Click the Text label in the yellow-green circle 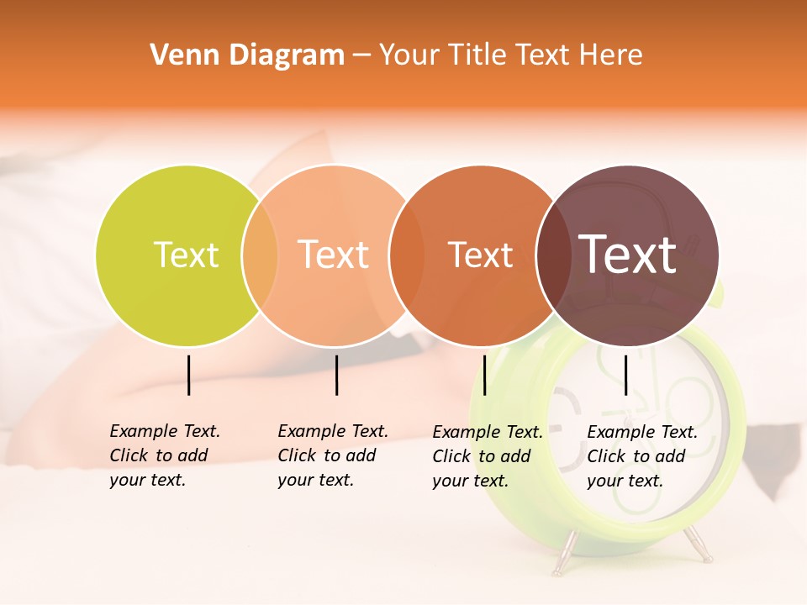pyautogui.click(x=186, y=255)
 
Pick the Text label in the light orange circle pyautogui.click(x=334, y=255)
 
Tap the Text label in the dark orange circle pyautogui.click(x=480, y=255)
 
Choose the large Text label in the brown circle pyautogui.click(x=628, y=255)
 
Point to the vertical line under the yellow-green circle pyautogui.click(x=188, y=375)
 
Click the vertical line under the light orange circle pyautogui.click(x=336, y=375)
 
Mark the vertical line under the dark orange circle pyautogui.click(x=484, y=375)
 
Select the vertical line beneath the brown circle pyautogui.click(x=625, y=375)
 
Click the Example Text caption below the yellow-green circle pyautogui.click(x=164, y=455)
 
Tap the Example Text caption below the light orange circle pyautogui.click(x=332, y=455)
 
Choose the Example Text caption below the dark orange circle pyautogui.click(x=487, y=456)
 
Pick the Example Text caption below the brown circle pyautogui.click(x=641, y=456)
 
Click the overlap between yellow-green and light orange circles pyautogui.click(x=260, y=255)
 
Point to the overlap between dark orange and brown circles pyautogui.click(x=554, y=255)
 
